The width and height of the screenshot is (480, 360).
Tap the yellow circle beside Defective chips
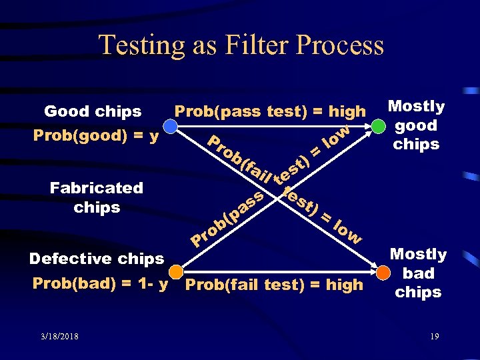(x=176, y=272)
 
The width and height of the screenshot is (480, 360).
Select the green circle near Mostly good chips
(x=379, y=126)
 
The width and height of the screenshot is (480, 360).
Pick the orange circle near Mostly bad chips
(x=383, y=273)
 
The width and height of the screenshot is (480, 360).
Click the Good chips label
(x=93, y=111)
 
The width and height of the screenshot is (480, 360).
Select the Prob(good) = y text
(x=96, y=136)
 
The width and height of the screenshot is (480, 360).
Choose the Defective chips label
(x=97, y=258)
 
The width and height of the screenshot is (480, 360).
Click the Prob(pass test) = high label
(x=270, y=111)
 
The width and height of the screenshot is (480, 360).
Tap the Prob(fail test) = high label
(x=275, y=285)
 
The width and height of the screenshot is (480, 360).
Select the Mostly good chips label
(x=416, y=125)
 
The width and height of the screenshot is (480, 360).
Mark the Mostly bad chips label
(x=418, y=273)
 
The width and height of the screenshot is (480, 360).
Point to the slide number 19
(x=434, y=336)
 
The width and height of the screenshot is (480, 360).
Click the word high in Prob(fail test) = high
(x=345, y=285)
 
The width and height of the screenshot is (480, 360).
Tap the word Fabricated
(x=97, y=188)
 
